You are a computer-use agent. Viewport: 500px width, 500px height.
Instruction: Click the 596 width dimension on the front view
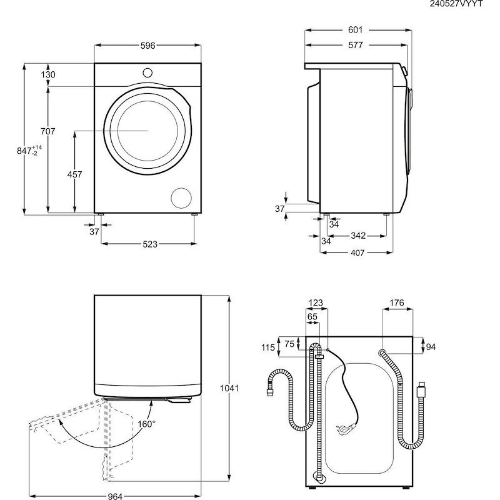coord(147,46)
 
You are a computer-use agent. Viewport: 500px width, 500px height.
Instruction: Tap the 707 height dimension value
coord(47,131)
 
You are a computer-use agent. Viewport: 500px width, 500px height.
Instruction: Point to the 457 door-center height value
coord(74,175)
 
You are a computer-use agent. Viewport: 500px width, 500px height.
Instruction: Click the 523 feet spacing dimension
coord(149,244)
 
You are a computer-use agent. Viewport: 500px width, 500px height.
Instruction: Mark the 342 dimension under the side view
coord(358,236)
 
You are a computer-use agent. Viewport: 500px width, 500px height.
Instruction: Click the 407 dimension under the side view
coord(357,252)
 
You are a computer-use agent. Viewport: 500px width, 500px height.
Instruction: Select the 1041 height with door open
coord(231,388)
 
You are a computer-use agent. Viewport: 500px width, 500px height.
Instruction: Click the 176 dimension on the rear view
coord(396,303)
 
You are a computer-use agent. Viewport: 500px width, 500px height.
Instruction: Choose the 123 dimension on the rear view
coord(316,303)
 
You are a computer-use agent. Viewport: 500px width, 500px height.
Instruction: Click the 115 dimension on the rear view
coord(267,348)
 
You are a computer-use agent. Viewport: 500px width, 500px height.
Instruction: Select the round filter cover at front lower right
coord(181,197)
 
